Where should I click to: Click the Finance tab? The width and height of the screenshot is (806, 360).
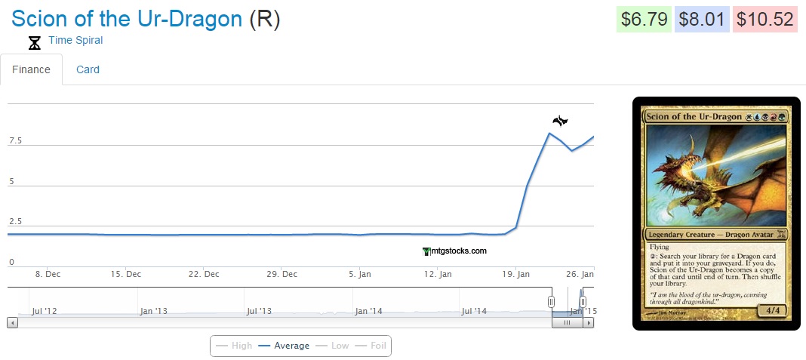click(31, 69)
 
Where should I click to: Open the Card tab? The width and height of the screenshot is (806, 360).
click(88, 69)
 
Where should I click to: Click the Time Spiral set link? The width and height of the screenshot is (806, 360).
click(75, 40)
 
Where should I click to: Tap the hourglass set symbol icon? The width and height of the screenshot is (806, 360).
click(34, 43)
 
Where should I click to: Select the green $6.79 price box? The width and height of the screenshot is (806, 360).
click(643, 19)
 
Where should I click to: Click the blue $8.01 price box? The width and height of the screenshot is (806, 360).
click(703, 19)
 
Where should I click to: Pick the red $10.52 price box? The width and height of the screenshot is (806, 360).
click(765, 19)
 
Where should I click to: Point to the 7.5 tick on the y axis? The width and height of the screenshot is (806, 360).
click(15, 141)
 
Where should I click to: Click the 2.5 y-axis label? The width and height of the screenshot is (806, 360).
click(15, 222)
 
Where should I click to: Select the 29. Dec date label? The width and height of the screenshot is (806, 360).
click(285, 274)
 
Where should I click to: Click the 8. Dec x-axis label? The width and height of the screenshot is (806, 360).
click(48, 274)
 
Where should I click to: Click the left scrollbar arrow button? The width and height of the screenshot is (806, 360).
click(12, 322)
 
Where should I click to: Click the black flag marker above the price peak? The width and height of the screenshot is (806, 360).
click(559, 121)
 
